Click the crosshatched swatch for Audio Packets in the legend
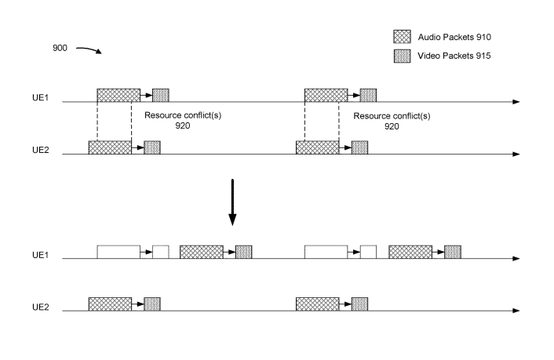pyautogui.click(x=401, y=36)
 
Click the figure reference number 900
pyautogui.click(x=60, y=48)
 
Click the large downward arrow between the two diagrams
pyautogui.click(x=232, y=203)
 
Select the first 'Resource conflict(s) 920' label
pyautogui.click(x=177, y=119)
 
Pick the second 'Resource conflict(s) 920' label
pyautogui.click(x=385, y=119)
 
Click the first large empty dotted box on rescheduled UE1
pyautogui.click(x=118, y=252)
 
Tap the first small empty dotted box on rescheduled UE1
pyautogui.click(x=160, y=252)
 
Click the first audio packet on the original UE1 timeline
pyautogui.click(x=118, y=95)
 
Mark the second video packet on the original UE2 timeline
pyautogui.click(x=359, y=147)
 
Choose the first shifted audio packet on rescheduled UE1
pyautogui.click(x=202, y=252)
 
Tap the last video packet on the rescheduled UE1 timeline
pyautogui.click(x=452, y=252)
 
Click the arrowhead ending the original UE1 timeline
pyautogui.click(x=515, y=102)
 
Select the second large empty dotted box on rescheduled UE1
pyautogui.click(x=326, y=252)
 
